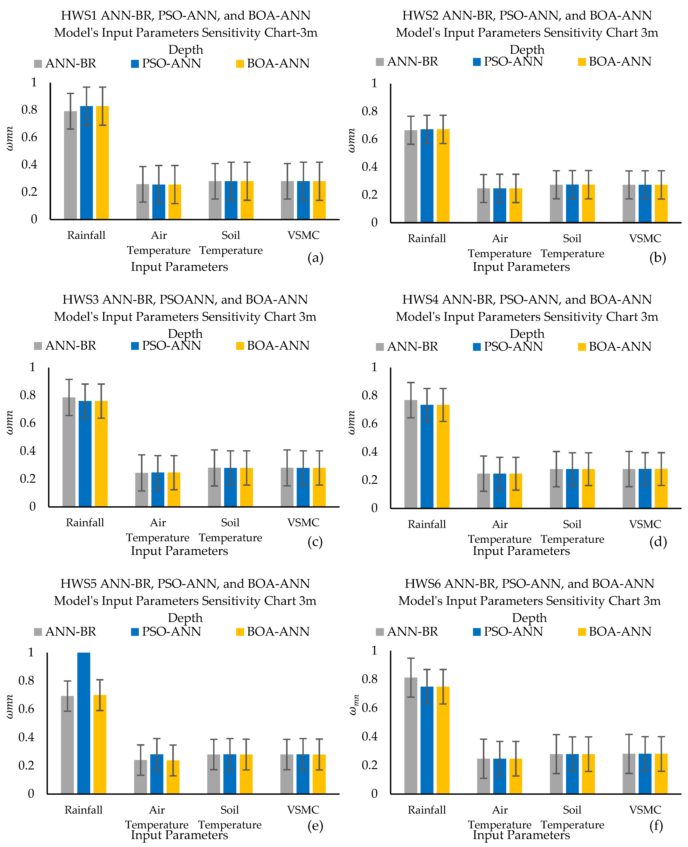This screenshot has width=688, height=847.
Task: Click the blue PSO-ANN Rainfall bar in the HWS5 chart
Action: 84,723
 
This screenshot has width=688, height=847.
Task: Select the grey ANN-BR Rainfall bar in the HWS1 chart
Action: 70,165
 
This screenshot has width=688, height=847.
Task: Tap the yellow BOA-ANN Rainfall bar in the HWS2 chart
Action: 443,176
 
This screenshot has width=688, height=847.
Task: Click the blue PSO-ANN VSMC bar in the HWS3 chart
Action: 303,487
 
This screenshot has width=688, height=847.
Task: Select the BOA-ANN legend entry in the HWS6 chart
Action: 615,632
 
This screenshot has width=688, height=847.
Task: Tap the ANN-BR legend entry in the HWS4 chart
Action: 407,347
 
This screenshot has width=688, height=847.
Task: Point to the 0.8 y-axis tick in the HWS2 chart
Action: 369,111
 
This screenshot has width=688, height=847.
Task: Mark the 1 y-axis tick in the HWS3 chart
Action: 32,367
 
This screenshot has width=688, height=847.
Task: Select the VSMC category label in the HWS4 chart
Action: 645,524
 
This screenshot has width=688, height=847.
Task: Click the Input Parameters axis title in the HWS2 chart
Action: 521,267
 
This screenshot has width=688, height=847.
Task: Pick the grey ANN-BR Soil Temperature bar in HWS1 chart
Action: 215,200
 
